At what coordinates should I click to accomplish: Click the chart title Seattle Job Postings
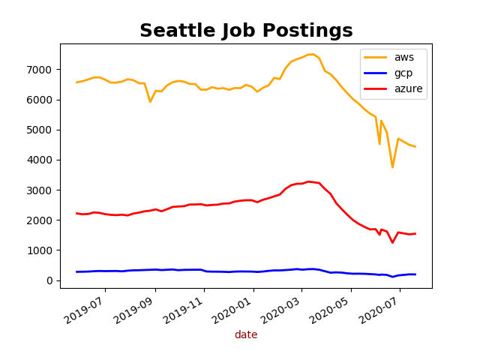(246, 31)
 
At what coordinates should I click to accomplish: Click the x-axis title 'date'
(246, 334)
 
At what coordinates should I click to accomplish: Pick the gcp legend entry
(402, 73)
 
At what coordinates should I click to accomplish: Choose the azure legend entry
(407, 88)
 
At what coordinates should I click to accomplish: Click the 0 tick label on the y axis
(50, 280)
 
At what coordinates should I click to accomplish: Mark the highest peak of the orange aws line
(310, 54)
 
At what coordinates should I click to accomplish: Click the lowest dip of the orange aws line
(392, 167)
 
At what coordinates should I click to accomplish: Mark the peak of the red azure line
(308, 181)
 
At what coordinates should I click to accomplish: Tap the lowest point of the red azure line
(392, 242)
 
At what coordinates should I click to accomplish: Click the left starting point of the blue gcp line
(77, 271)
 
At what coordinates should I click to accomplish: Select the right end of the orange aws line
(415, 146)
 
